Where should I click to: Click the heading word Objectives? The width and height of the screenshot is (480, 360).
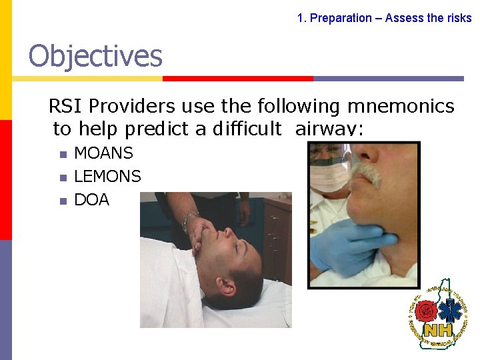[x=95, y=56]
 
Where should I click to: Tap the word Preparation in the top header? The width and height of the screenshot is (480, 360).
[x=341, y=18]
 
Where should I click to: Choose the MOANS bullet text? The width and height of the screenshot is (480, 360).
[x=103, y=153]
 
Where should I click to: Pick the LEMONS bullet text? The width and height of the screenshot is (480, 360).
[x=107, y=176]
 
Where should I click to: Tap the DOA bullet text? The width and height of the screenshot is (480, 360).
[x=91, y=199]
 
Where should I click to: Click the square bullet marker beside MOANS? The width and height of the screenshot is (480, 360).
[x=62, y=155]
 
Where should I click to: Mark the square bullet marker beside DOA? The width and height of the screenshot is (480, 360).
[x=62, y=201]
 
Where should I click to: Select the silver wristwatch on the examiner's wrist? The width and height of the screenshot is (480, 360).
[x=189, y=218]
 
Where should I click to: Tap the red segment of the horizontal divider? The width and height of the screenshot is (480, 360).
[x=237, y=79]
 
